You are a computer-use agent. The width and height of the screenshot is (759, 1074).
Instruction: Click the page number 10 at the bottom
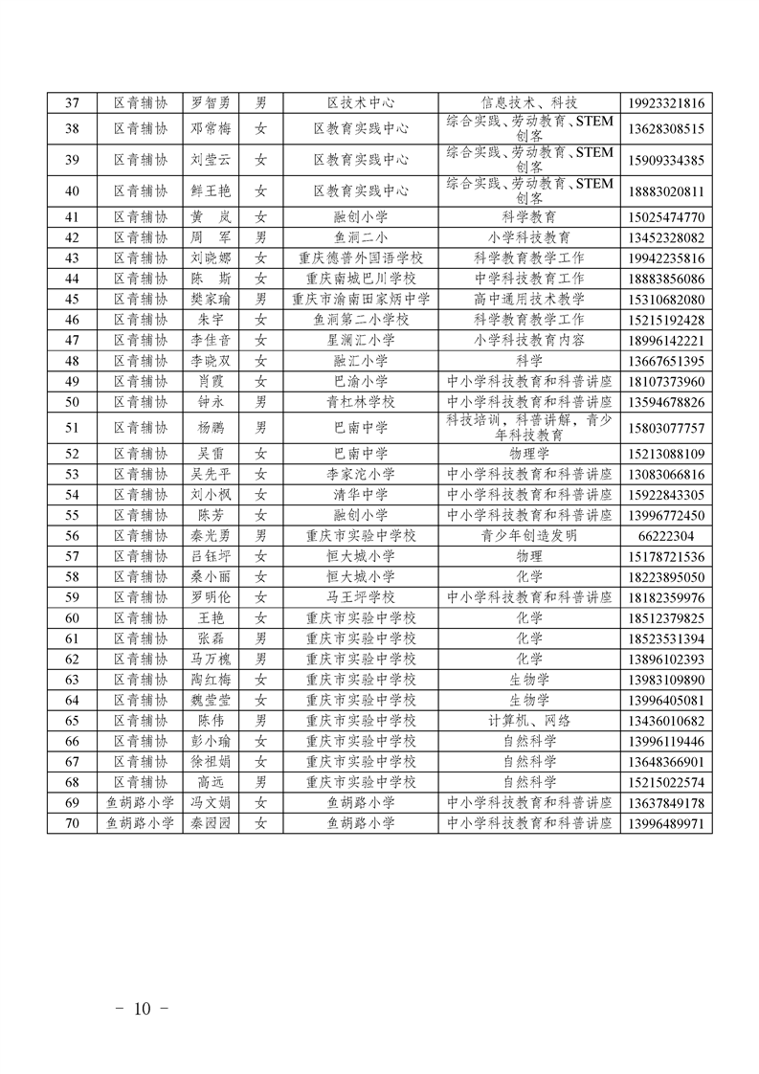pyautogui.click(x=143, y=1008)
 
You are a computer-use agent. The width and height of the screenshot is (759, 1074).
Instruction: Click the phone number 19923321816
pyautogui.click(x=669, y=103)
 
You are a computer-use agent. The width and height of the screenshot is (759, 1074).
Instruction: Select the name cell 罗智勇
pyautogui.click(x=212, y=103)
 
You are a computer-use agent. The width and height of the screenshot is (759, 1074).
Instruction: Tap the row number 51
pyautogui.click(x=72, y=428)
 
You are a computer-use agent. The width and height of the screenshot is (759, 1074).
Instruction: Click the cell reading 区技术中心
pyautogui.click(x=361, y=103)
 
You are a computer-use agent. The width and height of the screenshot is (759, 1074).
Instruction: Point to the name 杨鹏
pyautogui.click(x=212, y=428)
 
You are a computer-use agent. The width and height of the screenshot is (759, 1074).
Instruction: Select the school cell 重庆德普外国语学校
pyautogui.click(x=361, y=258)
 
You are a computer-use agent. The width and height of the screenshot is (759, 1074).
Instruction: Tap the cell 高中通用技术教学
pyautogui.click(x=529, y=300)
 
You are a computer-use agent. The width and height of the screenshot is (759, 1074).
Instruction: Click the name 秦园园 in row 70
pyautogui.click(x=212, y=823)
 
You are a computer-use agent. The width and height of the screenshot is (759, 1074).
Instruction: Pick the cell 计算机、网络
pyautogui.click(x=529, y=721)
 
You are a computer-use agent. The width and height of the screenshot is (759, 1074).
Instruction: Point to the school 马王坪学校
pyautogui.click(x=361, y=597)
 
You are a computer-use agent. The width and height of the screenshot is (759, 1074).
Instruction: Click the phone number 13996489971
pyautogui.click(x=669, y=823)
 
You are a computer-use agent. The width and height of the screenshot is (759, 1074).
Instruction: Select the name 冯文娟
pyautogui.click(x=212, y=803)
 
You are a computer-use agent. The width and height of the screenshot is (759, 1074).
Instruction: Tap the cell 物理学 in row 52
pyautogui.click(x=529, y=454)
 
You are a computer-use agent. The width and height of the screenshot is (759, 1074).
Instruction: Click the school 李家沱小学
pyautogui.click(x=361, y=475)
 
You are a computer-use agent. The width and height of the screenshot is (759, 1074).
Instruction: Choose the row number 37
pyautogui.click(x=72, y=103)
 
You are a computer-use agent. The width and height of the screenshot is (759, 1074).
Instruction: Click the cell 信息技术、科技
pyautogui.click(x=529, y=103)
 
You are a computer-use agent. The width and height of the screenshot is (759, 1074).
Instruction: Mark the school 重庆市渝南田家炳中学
pyautogui.click(x=361, y=300)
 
